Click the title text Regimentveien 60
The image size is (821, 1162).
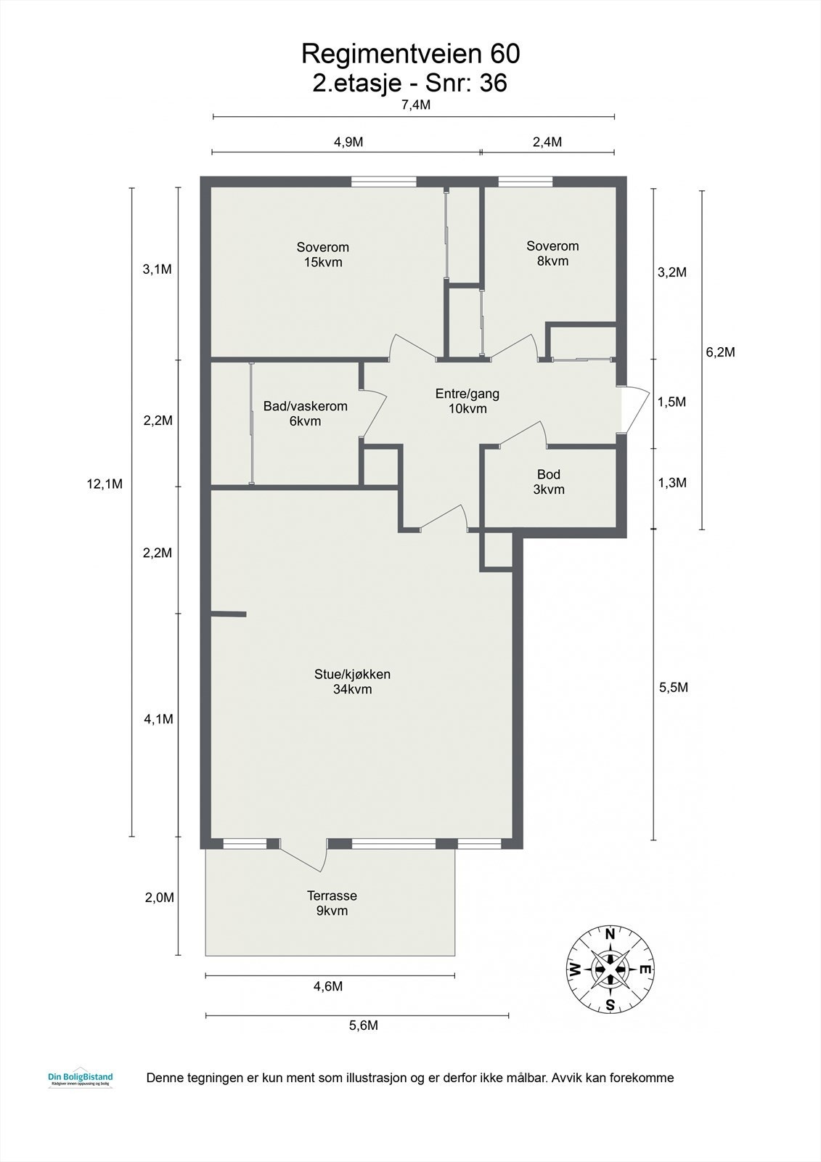click(x=410, y=54)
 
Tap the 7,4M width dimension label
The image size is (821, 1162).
click(x=416, y=105)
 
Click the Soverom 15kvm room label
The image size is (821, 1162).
click(x=323, y=254)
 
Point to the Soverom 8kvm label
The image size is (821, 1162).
click(x=552, y=253)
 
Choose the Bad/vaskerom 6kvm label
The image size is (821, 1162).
click(x=305, y=414)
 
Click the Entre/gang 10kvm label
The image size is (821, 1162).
click(x=467, y=401)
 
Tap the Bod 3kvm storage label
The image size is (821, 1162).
click(x=549, y=482)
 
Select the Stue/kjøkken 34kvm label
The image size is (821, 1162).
click(x=352, y=681)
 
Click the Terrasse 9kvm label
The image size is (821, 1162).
click(x=332, y=903)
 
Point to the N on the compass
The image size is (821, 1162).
click(x=610, y=934)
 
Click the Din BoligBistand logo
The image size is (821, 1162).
click(x=79, y=1079)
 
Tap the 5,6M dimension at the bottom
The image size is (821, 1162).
click(x=363, y=1025)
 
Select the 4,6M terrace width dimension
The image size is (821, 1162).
click(x=327, y=986)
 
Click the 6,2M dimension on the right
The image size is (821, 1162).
click(x=720, y=352)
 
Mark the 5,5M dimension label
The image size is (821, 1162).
click(x=673, y=687)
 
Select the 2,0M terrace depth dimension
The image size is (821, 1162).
click(x=159, y=897)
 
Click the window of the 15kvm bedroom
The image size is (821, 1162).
click(x=383, y=182)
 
